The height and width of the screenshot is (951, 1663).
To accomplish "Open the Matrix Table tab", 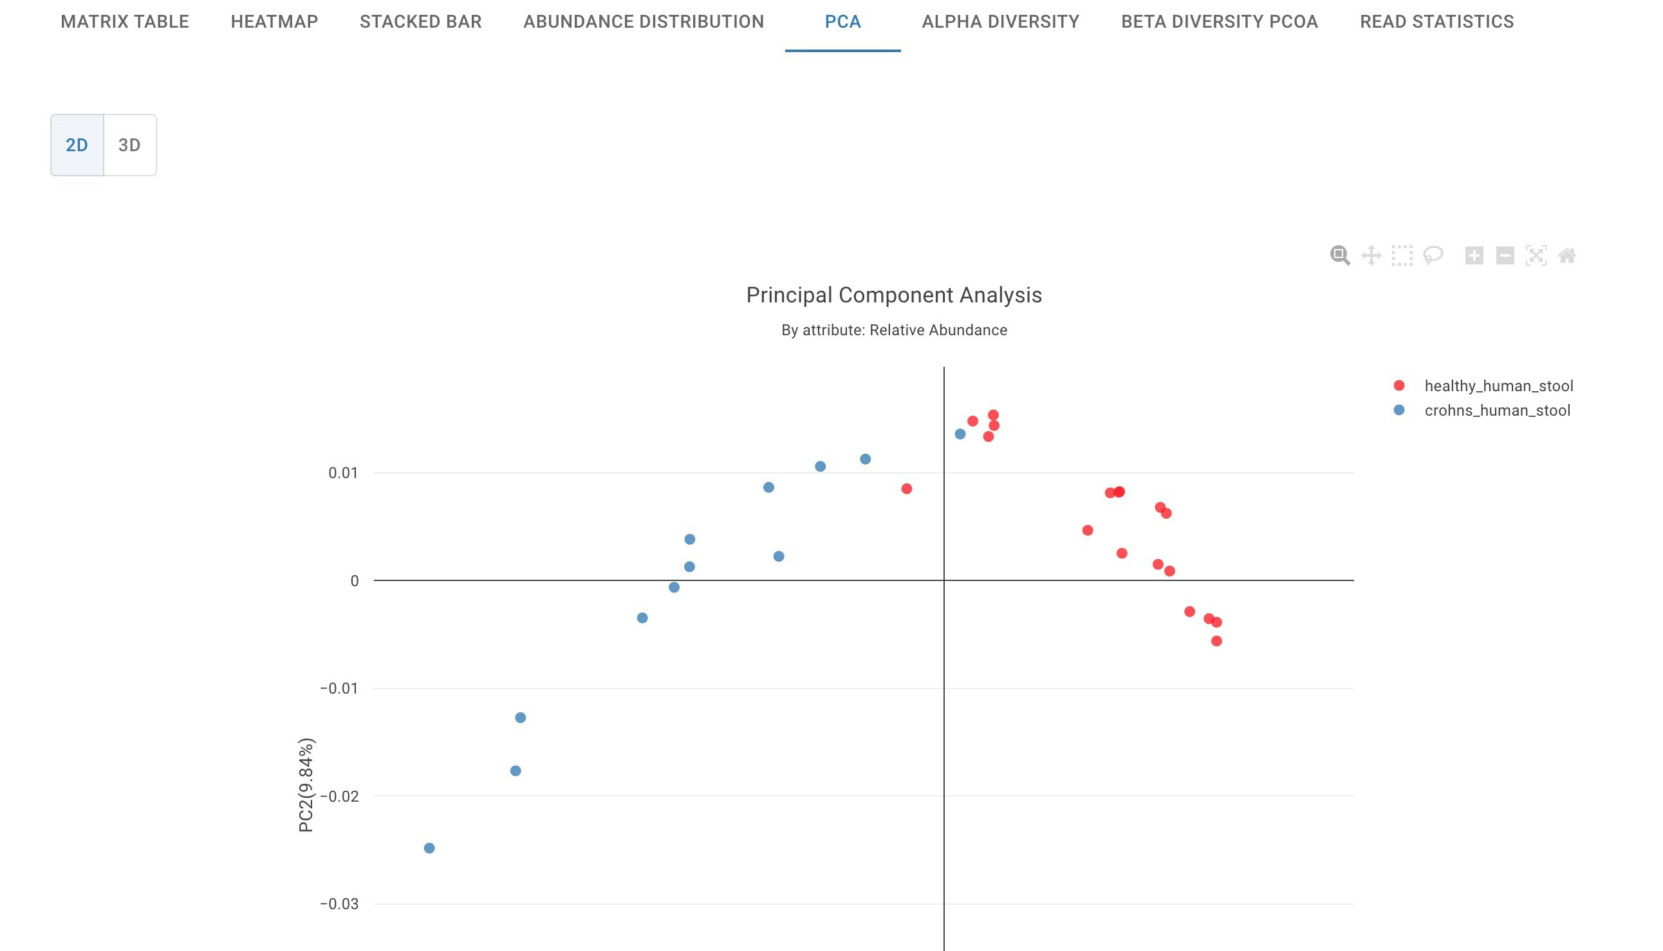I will pos(125,21).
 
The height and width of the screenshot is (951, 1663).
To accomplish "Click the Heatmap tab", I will pos(274,21).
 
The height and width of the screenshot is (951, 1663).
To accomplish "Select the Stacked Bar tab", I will pos(421,21).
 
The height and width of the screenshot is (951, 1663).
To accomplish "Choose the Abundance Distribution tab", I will pos(644,21).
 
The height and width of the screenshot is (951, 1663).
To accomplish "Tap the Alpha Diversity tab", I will pos(1000,21).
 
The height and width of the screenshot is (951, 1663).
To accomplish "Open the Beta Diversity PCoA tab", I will pos(1220,21).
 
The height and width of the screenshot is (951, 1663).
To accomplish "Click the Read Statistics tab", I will pos(1436,21).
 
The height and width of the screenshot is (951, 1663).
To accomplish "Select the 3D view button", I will pos(129,145).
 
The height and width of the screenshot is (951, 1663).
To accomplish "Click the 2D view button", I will pos(77,145).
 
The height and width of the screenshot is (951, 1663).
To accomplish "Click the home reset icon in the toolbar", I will pos(1567,255).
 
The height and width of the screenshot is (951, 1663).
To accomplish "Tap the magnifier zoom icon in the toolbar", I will pos(1340,255).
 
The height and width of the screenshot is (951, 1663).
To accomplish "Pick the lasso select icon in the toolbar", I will pos(1433,255).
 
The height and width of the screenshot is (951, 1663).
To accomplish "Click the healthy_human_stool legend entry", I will pos(1498,386).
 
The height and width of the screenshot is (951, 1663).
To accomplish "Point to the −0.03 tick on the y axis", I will pos(339,904).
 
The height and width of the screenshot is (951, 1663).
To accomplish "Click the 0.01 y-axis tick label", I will pos(343,473).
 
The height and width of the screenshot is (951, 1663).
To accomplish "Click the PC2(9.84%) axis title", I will pos(306,785).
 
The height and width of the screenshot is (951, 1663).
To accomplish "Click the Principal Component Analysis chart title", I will pos(893,295).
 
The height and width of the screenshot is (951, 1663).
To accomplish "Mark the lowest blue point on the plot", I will pos(429,849).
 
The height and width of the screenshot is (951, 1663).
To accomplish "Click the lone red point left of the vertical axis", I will pos(907,489).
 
